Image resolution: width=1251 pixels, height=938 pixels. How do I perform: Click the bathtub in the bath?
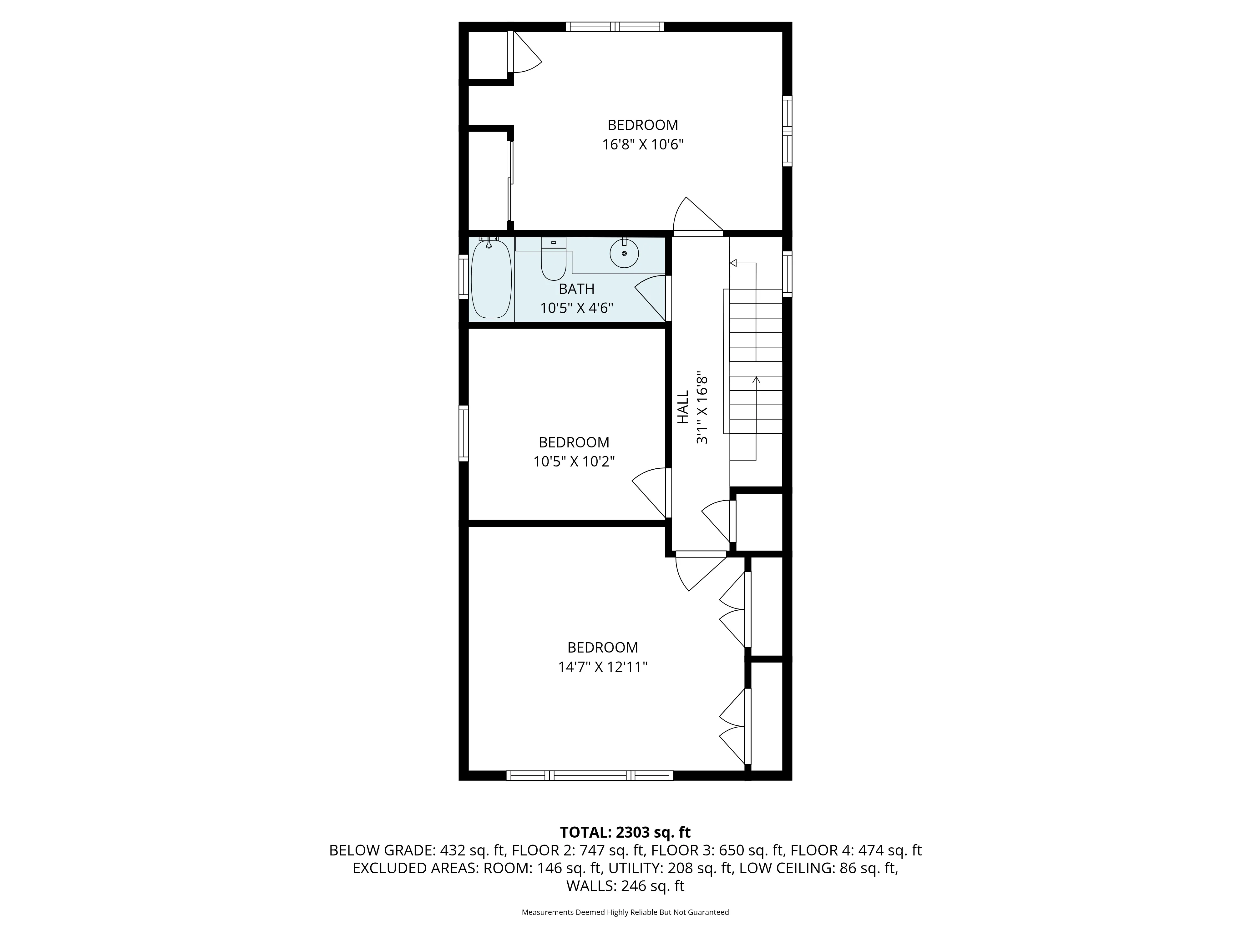pos(491,279)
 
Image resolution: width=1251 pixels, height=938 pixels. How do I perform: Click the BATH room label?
pos(576,289)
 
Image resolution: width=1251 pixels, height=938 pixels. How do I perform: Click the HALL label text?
pos(683,406)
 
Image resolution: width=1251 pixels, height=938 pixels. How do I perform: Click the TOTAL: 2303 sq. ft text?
pos(625,832)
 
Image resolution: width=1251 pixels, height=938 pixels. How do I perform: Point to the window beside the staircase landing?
pos(787,274)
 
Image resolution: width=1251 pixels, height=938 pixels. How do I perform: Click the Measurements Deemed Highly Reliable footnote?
pos(625,912)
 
